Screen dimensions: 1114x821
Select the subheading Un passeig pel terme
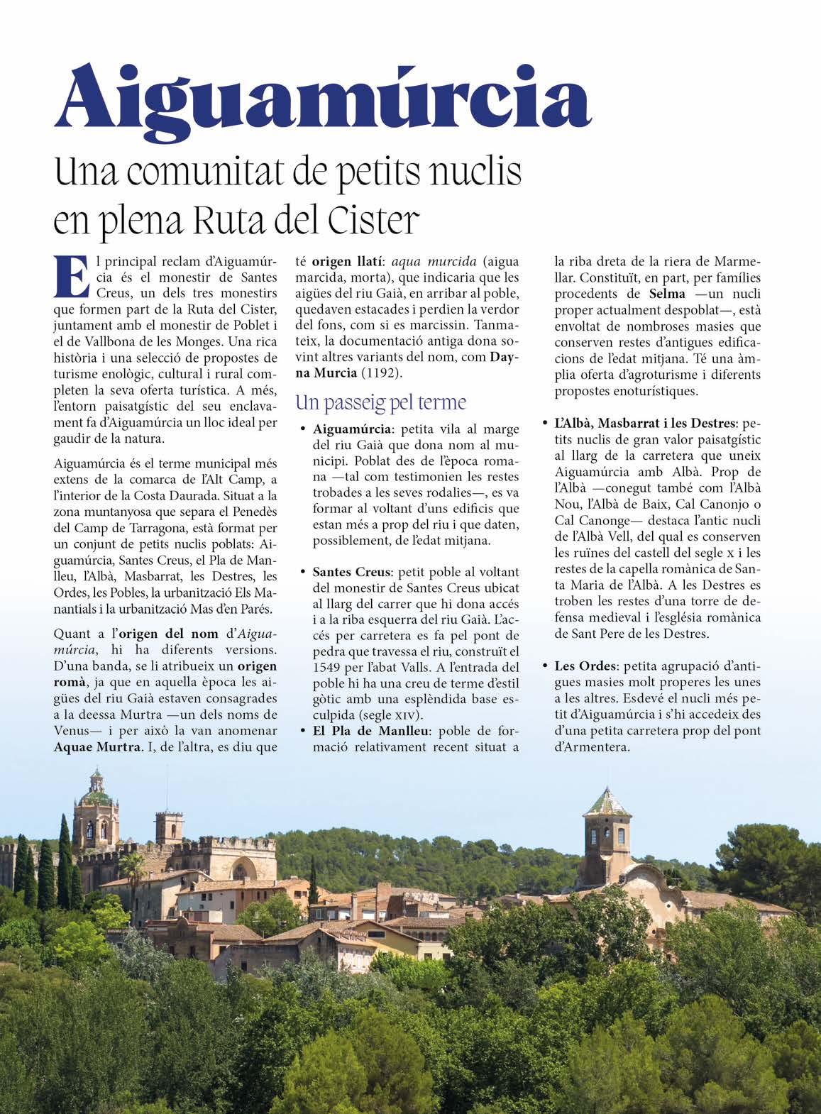pyautogui.click(x=380, y=403)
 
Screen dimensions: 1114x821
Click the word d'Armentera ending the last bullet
pyautogui.click(x=592, y=746)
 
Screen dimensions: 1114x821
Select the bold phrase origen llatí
pyautogui.click(x=343, y=260)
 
